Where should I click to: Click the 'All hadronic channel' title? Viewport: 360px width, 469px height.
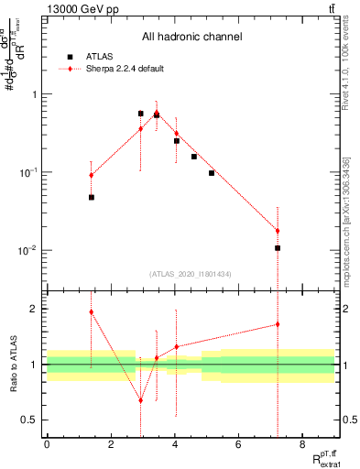point(192,38)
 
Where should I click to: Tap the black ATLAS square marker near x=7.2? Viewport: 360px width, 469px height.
point(277,247)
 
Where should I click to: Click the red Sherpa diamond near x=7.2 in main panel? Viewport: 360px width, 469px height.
point(277,231)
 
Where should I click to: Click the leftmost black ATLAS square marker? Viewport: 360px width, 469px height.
point(91,197)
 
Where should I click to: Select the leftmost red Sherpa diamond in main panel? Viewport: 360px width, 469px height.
point(91,175)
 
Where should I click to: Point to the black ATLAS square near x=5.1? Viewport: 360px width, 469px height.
point(212,172)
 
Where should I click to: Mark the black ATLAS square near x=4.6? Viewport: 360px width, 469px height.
point(194,157)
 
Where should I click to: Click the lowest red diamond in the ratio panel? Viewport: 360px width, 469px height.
point(140,400)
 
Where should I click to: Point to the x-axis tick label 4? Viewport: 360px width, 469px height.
point(174,446)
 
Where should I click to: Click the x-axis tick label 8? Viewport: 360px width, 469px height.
point(302,446)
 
